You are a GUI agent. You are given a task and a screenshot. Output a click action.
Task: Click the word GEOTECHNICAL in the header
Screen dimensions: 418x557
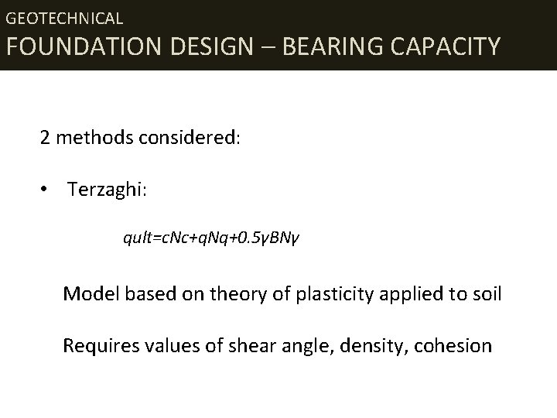(x=64, y=17)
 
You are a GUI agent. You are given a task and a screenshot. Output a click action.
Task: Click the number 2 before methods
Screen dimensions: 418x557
(x=46, y=139)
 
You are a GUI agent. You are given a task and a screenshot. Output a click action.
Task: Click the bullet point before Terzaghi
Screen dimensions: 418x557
(x=47, y=189)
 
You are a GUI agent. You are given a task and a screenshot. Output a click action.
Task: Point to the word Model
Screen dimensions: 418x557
(x=88, y=293)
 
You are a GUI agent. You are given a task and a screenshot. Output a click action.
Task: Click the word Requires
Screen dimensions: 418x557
(x=98, y=345)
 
